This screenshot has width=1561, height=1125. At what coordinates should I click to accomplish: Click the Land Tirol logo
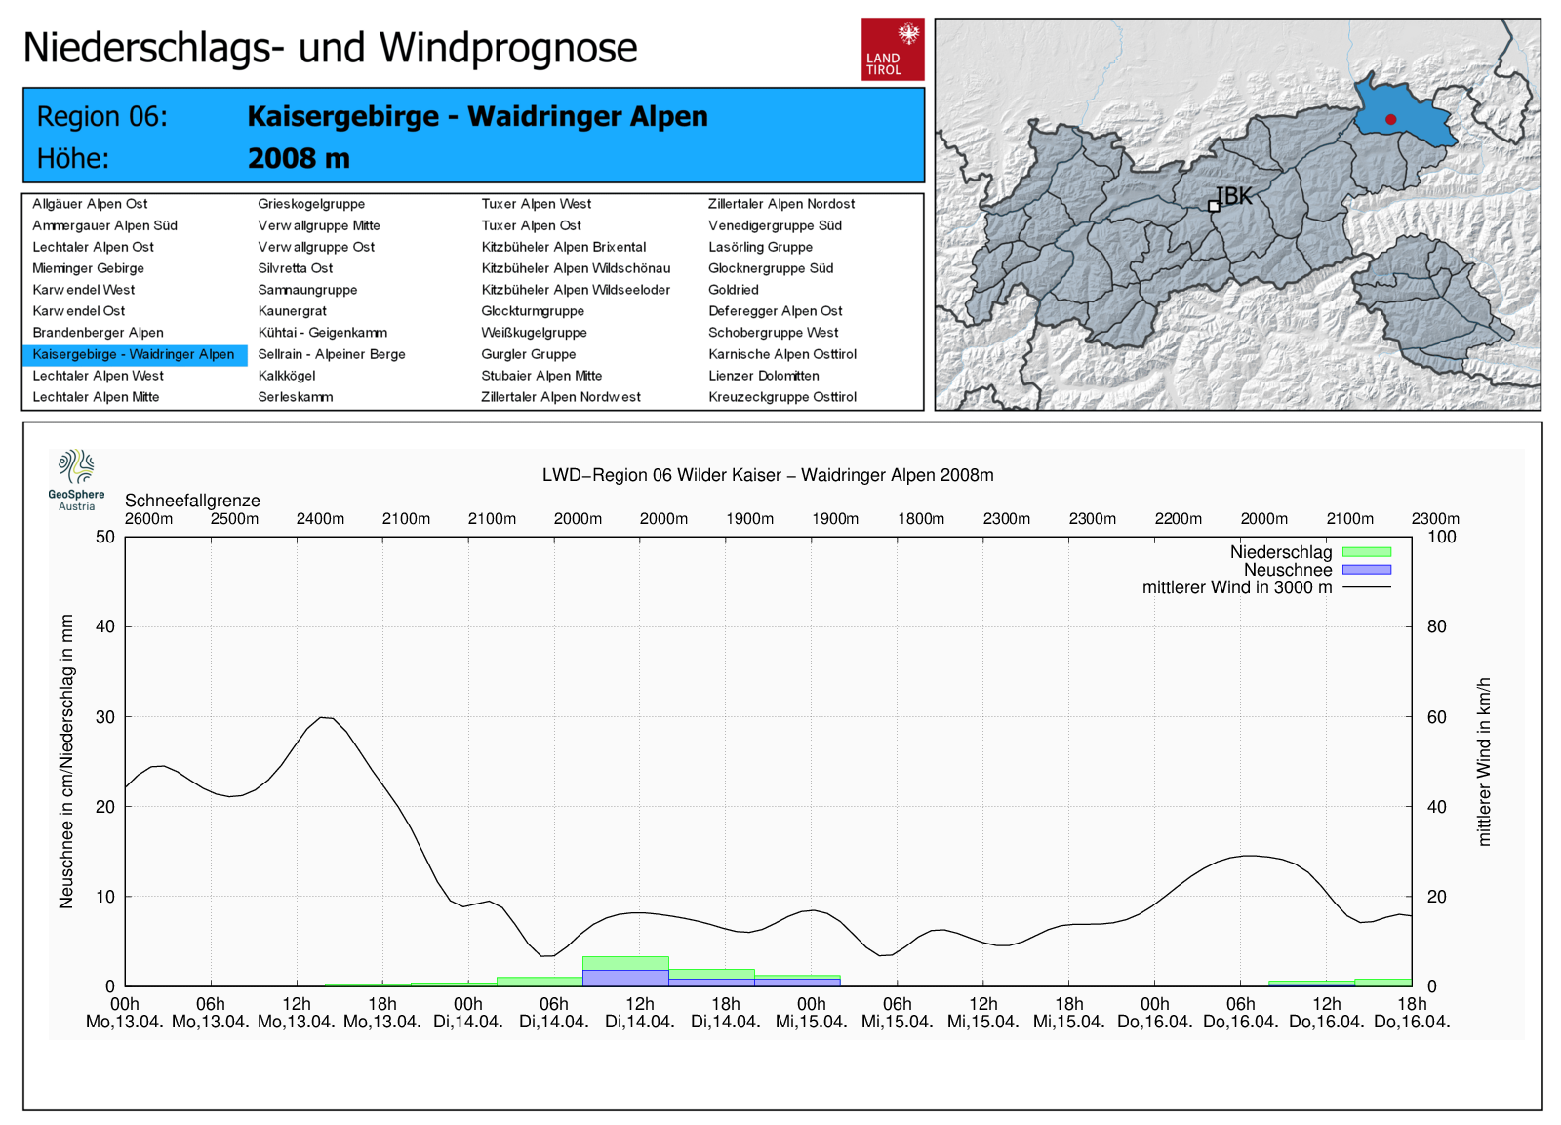892,49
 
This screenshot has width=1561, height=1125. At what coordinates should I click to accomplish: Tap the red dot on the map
1390,120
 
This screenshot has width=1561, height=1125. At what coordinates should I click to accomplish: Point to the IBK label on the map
1234,196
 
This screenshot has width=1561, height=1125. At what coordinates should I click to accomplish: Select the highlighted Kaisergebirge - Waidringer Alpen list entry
134,354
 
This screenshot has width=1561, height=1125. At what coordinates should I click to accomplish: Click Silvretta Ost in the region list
295,268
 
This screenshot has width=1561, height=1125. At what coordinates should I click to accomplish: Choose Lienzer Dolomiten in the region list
763,376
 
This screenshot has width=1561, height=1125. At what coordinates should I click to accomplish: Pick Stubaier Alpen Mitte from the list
541,376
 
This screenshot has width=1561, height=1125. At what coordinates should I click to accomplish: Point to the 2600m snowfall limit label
148,519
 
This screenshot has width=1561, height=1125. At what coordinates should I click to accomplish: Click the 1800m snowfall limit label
921,519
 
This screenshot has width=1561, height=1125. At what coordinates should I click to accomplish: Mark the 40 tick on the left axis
105,626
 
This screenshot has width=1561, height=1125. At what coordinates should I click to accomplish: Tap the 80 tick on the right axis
1436,626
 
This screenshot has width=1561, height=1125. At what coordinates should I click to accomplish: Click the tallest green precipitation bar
625,963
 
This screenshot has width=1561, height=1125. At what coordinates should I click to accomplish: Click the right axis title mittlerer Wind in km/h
1484,761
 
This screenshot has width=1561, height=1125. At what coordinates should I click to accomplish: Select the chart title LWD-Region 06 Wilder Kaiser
768,475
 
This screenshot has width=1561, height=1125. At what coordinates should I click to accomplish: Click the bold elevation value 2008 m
299,158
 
